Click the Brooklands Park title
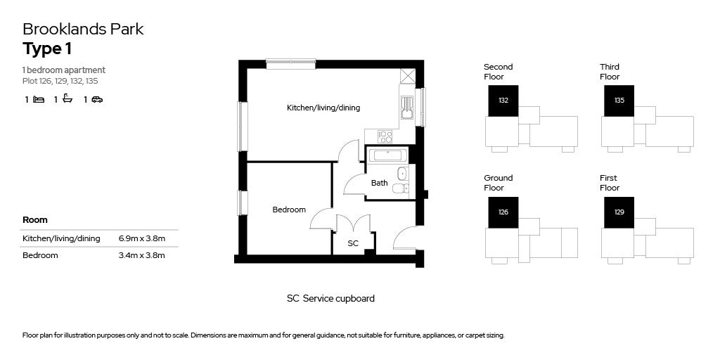[83, 29]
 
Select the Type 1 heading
[47, 49]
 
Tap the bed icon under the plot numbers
[39, 100]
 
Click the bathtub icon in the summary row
[67, 100]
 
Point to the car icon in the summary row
[97, 100]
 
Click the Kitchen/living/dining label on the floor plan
[323, 108]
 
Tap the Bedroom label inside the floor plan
[289, 210]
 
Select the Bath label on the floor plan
[379, 183]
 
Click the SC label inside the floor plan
[353, 243]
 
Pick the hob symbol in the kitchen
[385, 136]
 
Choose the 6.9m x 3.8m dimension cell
[142, 238]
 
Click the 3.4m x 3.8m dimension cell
[142, 255]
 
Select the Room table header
[35, 220]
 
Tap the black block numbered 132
[503, 101]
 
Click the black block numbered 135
[619, 101]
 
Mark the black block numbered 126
[503, 212]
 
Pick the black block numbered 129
[619, 212]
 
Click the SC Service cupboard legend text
[330, 298]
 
